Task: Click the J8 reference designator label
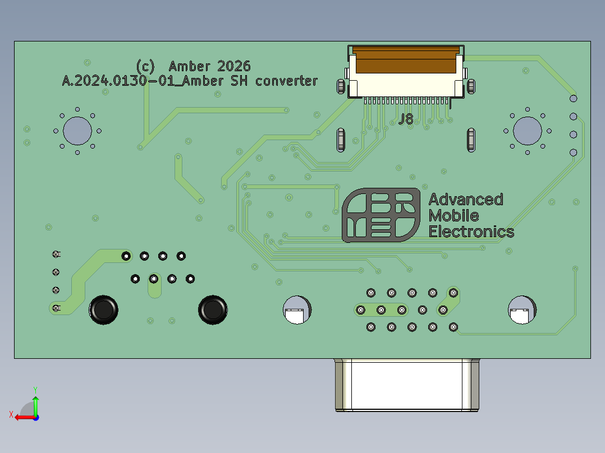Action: (x=406, y=119)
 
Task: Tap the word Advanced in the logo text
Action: (x=466, y=200)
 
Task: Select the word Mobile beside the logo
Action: (x=453, y=215)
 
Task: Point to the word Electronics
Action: (x=471, y=232)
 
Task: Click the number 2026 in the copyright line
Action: (x=234, y=66)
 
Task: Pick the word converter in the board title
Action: (x=287, y=81)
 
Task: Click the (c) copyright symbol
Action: (x=145, y=67)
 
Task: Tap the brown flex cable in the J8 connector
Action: (x=406, y=60)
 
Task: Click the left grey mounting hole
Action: (x=77, y=131)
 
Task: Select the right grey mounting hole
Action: (x=528, y=131)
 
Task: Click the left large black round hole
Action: (x=103, y=310)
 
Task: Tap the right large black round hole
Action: (x=213, y=310)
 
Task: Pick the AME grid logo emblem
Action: (x=381, y=215)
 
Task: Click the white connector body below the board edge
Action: (x=407, y=385)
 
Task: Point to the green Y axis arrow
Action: (x=35, y=405)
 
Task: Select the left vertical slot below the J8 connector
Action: (x=341, y=140)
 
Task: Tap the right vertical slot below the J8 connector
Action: (x=471, y=140)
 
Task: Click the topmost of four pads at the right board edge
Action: (x=574, y=99)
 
